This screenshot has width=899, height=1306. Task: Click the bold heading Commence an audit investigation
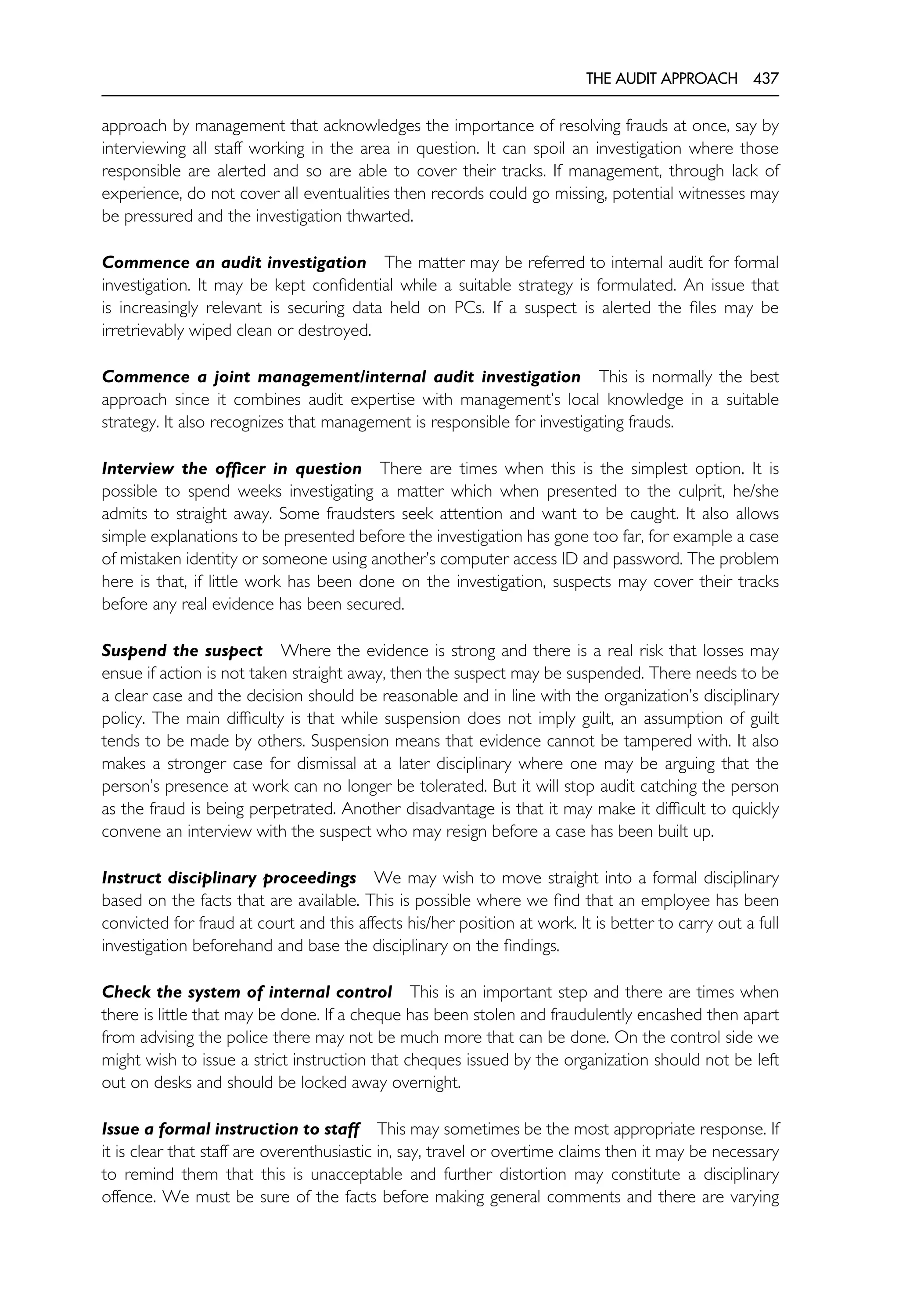tap(234, 263)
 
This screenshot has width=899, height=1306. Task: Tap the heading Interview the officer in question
tap(231, 469)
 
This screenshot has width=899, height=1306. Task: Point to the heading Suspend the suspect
tap(182, 651)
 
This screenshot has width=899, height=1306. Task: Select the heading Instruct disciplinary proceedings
tap(229, 878)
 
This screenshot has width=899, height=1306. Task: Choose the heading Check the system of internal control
tap(247, 992)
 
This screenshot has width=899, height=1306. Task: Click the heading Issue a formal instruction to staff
tap(230, 1129)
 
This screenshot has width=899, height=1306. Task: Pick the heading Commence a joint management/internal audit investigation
tap(341, 377)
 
